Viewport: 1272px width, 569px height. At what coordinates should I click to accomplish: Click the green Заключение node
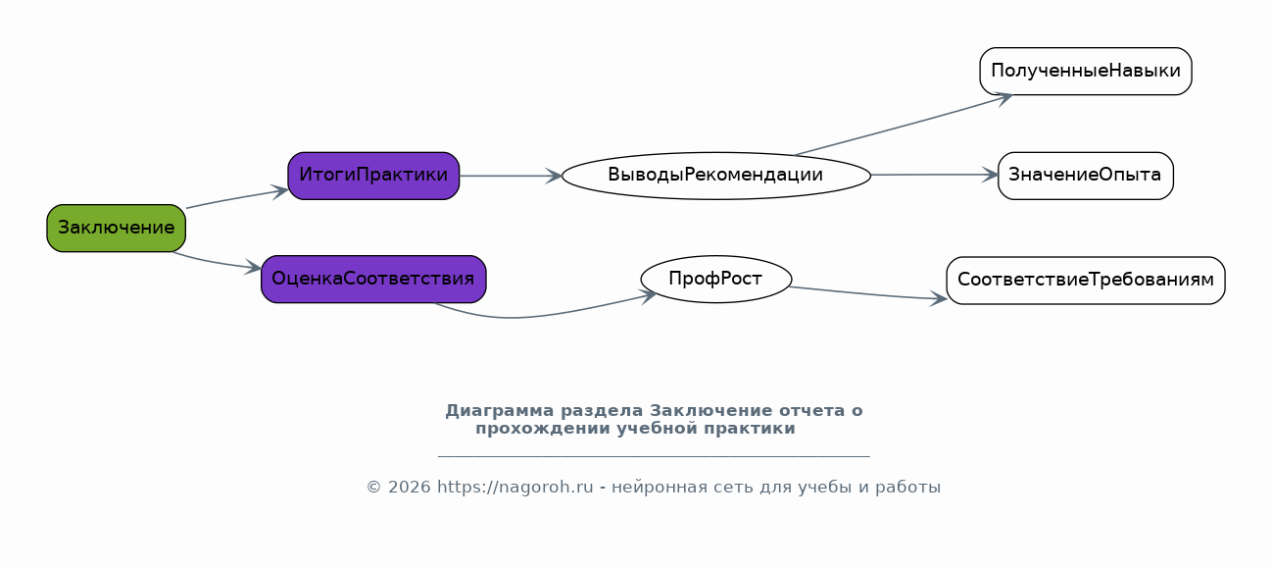coord(116,228)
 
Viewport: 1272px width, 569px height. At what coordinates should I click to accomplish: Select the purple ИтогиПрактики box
coord(373,176)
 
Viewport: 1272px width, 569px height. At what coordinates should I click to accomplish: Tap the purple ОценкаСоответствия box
coord(373,279)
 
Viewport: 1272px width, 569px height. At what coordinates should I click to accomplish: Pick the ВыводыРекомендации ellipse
coord(715,176)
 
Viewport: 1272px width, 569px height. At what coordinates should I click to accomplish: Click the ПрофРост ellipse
coord(715,279)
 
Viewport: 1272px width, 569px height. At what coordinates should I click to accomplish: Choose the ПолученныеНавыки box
coord(1085,71)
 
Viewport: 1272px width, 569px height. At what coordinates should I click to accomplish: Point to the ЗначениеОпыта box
coord(1085,176)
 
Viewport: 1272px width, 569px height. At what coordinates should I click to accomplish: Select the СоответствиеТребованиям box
coord(1085,280)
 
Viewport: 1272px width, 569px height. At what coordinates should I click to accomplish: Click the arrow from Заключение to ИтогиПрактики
coord(235,197)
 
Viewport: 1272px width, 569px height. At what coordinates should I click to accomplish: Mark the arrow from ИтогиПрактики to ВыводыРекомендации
coord(510,176)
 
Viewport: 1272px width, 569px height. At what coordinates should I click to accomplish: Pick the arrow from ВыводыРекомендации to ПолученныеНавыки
coord(902,126)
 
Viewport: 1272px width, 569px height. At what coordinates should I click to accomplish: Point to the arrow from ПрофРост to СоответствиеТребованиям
coord(867,293)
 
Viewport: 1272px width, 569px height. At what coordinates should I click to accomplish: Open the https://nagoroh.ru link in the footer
coord(514,487)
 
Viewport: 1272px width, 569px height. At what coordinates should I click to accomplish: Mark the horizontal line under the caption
coord(653,456)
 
